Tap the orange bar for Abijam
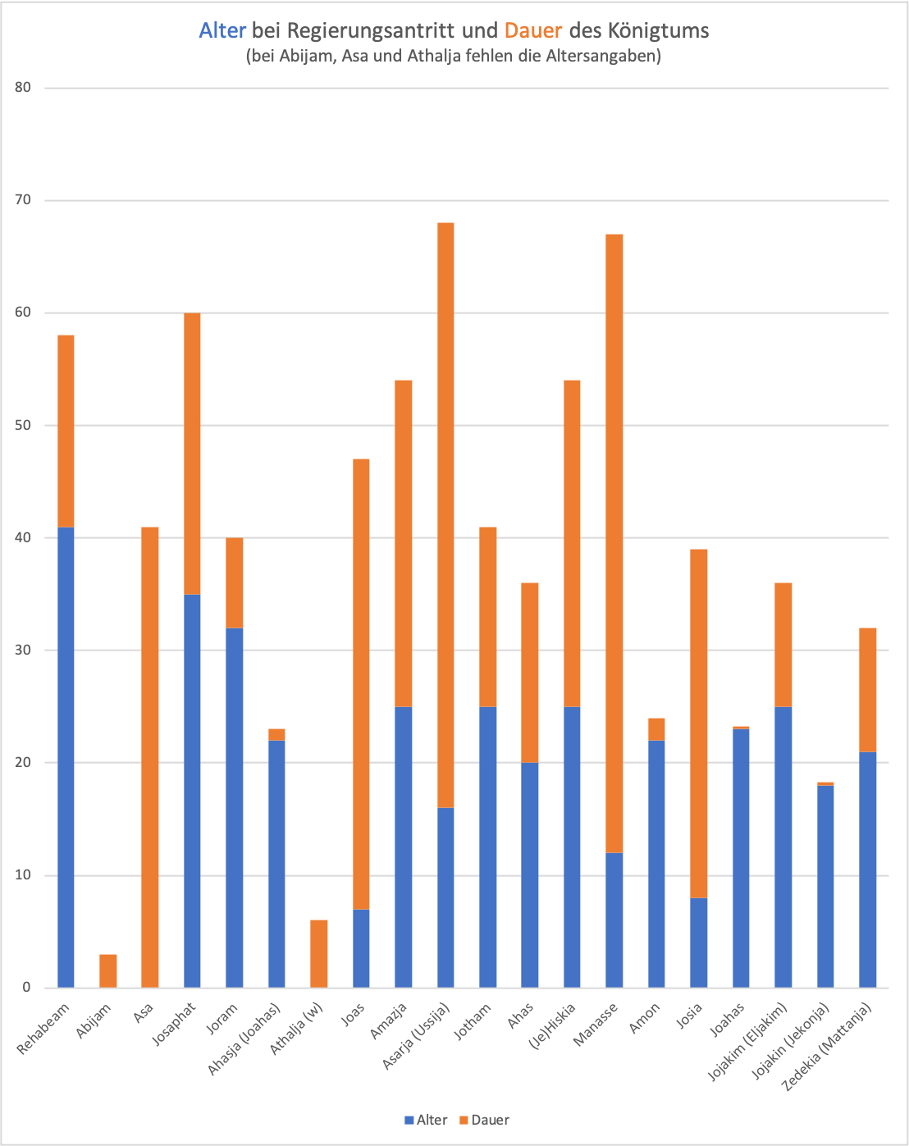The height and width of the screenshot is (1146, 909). tap(107, 970)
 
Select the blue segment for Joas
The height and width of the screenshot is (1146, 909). tap(361, 947)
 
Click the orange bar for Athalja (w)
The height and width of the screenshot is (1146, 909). tap(319, 953)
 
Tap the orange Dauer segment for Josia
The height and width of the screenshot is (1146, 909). tap(698, 723)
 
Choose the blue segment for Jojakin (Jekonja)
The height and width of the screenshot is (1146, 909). tap(825, 886)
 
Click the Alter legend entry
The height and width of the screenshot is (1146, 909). tap(426, 1120)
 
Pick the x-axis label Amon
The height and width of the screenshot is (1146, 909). tap(645, 1017)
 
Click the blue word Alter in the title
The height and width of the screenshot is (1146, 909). tap(222, 31)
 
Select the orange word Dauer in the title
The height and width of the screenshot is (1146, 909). tap(532, 31)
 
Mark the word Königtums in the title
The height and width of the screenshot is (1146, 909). tap(658, 31)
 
